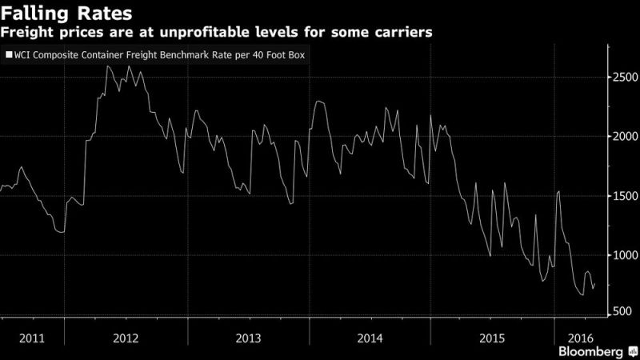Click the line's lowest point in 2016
point(582,295)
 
